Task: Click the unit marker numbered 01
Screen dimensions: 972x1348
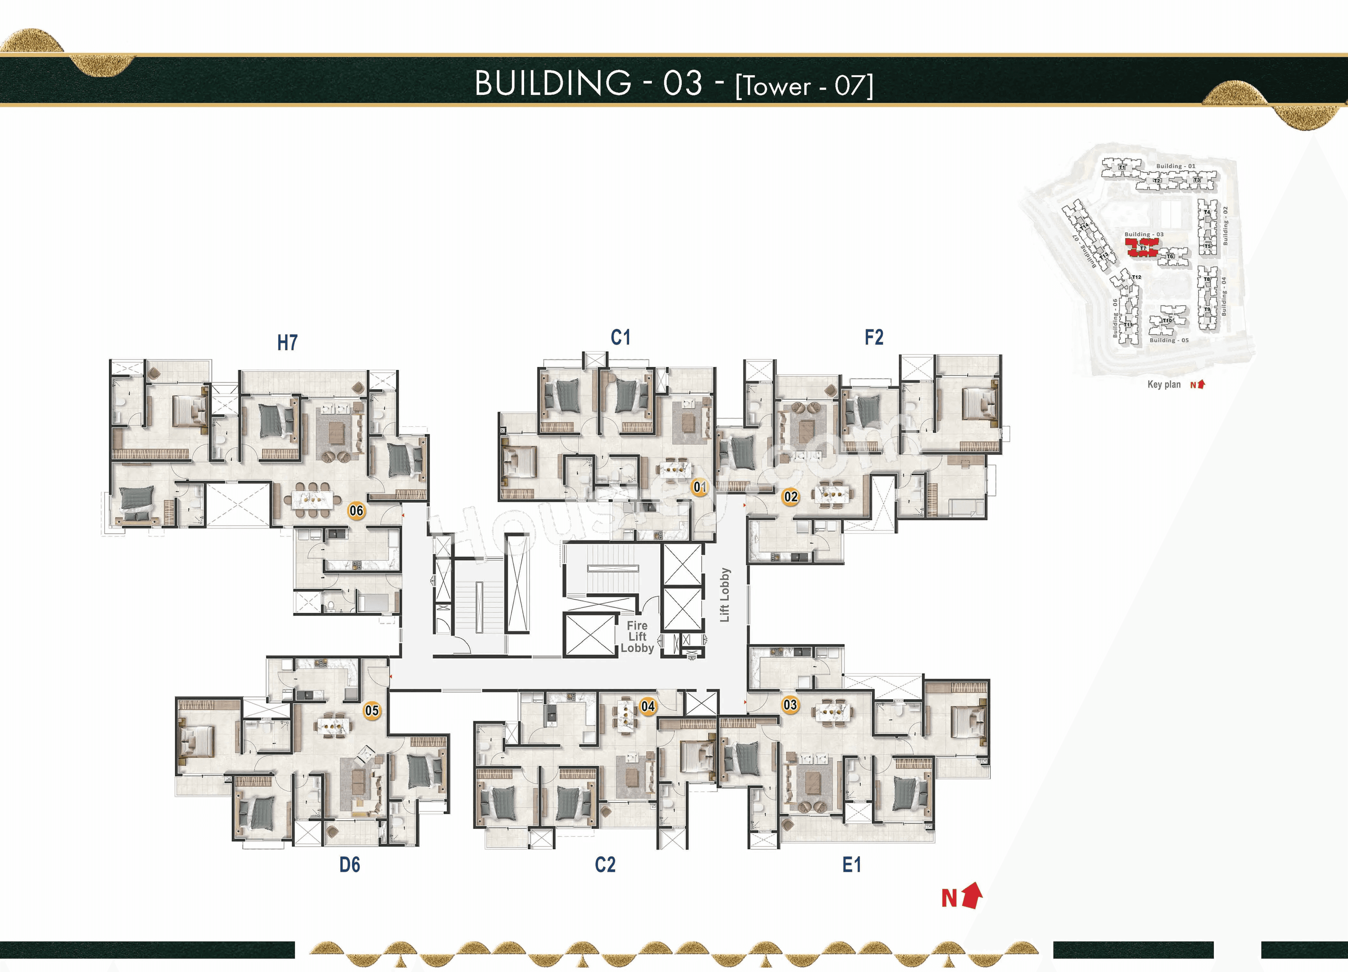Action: click(x=700, y=487)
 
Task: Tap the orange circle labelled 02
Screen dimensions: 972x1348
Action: click(x=791, y=497)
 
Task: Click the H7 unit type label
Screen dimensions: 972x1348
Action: click(x=287, y=343)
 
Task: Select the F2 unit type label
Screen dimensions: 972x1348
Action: click(x=874, y=338)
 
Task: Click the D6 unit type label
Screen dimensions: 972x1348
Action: click(x=350, y=865)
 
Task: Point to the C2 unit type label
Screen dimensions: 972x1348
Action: click(x=605, y=865)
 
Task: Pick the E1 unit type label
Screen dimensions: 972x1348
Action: click(x=851, y=865)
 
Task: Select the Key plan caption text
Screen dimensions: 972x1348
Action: click(x=1164, y=384)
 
